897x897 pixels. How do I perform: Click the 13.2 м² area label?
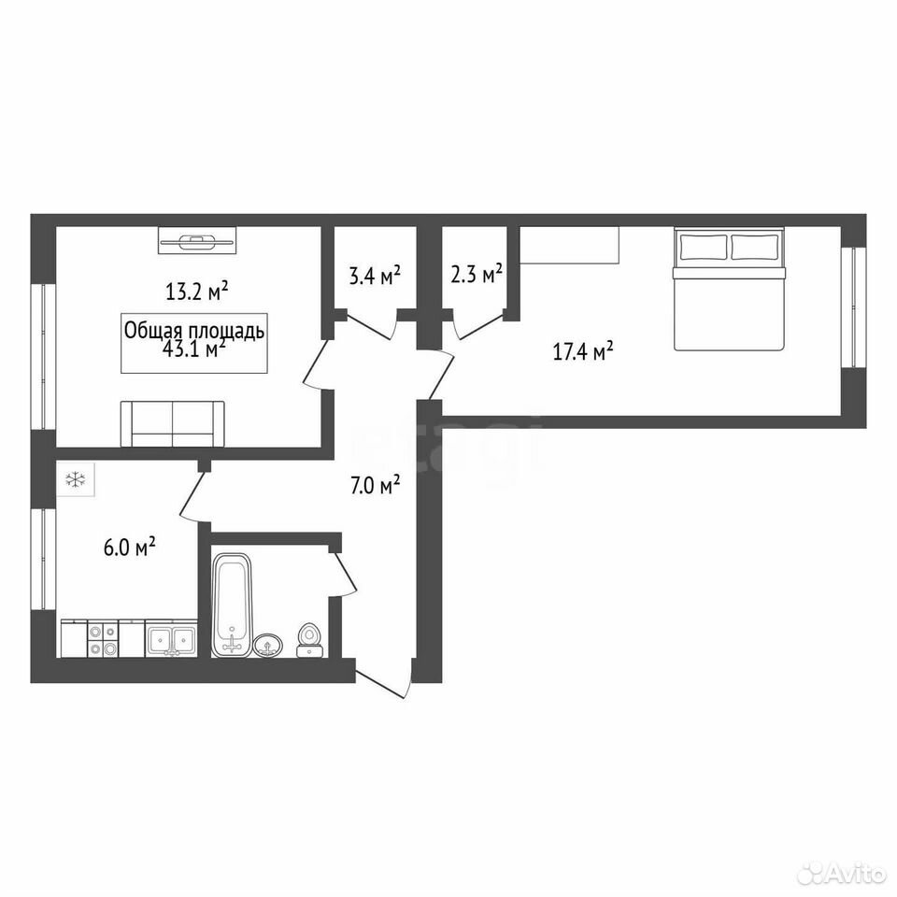click(x=197, y=292)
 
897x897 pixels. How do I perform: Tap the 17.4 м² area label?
click(x=583, y=350)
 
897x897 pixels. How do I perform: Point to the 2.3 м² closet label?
click(x=477, y=274)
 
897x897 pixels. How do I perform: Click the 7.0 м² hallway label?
click(x=375, y=486)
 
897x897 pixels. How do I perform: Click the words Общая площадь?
click(x=194, y=331)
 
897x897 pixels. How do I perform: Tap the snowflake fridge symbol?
click(x=76, y=479)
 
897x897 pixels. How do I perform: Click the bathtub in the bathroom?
click(x=232, y=605)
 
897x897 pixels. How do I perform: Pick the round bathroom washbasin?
click(x=268, y=646)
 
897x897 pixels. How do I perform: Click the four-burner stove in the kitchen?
click(x=103, y=639)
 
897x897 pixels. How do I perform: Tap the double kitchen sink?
click(x=172, y=639)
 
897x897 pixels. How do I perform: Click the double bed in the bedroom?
click(x=729, y=289)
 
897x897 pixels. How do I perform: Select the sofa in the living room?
click(x=172, y=424)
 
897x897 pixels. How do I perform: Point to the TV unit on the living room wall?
click(x=197, y=240)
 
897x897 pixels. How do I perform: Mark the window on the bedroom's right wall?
click(x=853, y=307)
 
